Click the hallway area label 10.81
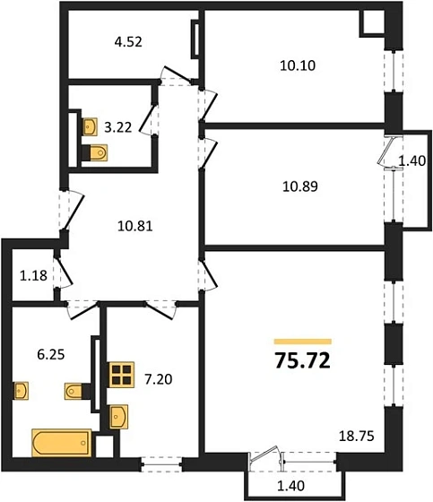click(x=134, y=226)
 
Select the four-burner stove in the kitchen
click(x=119, y=374)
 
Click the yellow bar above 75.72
click(x=302, y=342)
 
